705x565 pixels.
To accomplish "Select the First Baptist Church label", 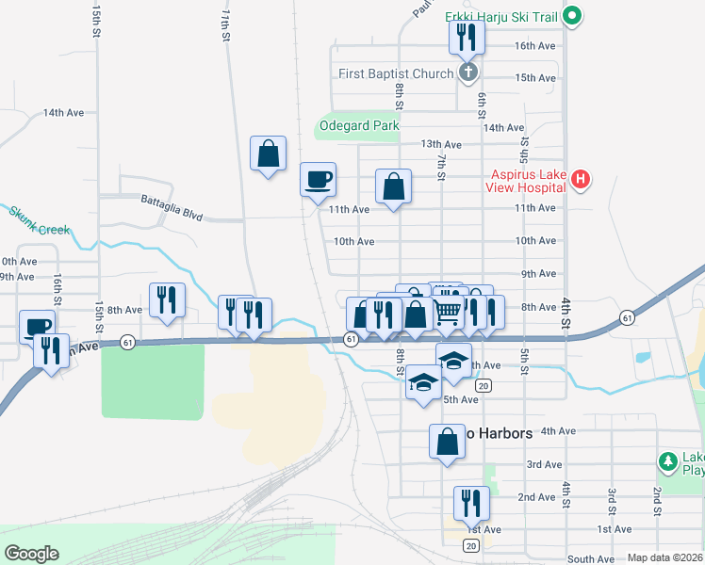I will click(x=397, y=73).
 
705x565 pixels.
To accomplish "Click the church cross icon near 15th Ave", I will click(x=467, y=73).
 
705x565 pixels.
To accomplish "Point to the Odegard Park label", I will click(x=359, y=125).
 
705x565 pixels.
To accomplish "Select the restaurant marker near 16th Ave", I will click(x=467, y=36).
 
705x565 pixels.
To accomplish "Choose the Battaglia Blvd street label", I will click(x=172, y=207).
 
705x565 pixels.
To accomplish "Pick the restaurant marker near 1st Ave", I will click(x=469, y=503).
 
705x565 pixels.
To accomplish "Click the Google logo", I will click(x=31, y=554).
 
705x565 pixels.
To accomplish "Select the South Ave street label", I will click(x=591, y=559).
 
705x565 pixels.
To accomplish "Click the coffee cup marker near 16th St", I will click(x=37, y=327).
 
